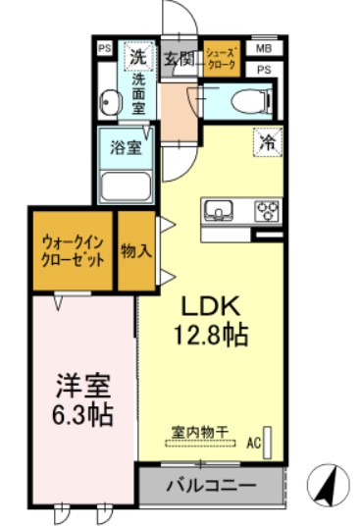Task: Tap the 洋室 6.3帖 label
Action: coord(82,397)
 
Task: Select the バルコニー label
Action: coord(210,486)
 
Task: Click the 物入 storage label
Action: coord(136,251)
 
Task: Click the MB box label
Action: coord(263,47)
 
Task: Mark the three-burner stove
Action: coord(266,210)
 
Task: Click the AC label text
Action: coord(253,444)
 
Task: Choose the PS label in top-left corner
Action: coord(104,46)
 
